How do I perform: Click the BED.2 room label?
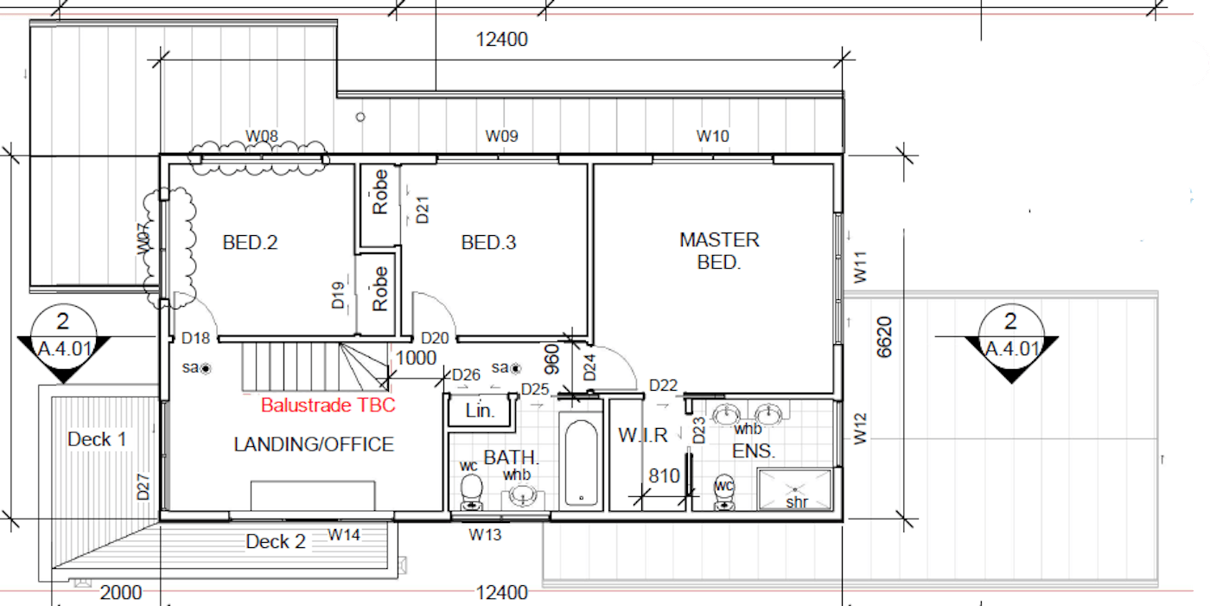click(250, 243)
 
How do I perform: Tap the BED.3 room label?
click(488, 243)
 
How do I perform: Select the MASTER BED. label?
click(719, 252)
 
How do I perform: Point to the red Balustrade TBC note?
click(328, 405)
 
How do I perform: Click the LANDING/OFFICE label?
click(314, 444)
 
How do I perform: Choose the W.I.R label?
click(643, 436)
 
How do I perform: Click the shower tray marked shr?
click(794, 489)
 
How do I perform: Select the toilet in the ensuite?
click(724, 492)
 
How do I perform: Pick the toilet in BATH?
click(472, 493)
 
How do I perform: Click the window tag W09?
click(501, 136)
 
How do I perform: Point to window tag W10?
click(712, 136)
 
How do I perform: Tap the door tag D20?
click(435, 339)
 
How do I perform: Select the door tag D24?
click(589, 367)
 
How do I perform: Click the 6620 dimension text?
click(883, 337)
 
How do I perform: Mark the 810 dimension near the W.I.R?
click(664, 475)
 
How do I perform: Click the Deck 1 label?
click(97, 439)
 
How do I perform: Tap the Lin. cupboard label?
click(480, 411)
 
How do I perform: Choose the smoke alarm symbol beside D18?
click(206, 369)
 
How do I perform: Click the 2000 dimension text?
click(121, 593)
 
